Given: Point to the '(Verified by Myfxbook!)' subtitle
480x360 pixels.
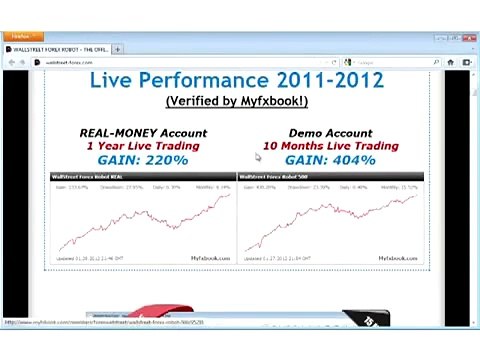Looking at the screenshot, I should (237, 101).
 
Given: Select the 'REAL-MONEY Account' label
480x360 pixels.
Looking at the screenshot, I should (143, 133).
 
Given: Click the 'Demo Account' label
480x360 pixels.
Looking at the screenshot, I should (330, 133).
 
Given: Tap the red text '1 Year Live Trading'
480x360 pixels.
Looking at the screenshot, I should (143, 146).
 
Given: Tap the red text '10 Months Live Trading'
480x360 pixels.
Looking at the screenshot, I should (330, 146).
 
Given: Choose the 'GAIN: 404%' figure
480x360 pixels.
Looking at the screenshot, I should (330, 160).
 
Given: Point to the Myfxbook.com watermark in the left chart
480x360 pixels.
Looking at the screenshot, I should (210, 258).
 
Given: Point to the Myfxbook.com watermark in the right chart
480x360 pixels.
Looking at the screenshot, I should (398, 258).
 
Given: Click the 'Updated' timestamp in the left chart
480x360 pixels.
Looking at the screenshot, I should (90, 258).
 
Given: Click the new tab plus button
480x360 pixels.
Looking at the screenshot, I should (118, 49).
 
